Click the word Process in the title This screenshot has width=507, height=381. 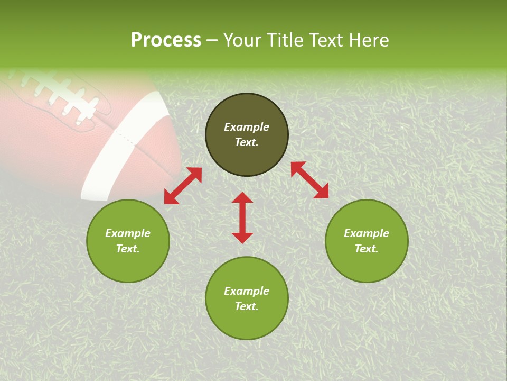click(166, 40)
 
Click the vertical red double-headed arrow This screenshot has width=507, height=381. click(242, 217)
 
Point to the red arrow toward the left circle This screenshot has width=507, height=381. click(183, 186)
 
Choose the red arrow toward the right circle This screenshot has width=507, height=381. click(310, 180)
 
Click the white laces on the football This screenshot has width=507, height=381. click(63, 95)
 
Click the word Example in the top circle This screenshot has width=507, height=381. click(247, 127)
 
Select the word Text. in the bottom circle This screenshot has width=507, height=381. click(247, 306)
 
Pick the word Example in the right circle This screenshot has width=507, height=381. click(367, 233)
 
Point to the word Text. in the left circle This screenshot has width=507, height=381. click(128, 249)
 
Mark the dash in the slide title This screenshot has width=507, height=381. click(212, 41)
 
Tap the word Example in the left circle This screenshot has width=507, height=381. click(128, 233)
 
